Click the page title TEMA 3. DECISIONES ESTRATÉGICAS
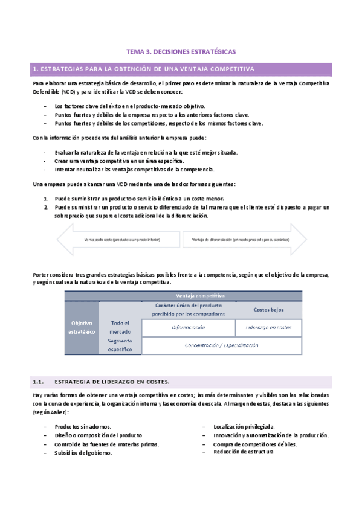(x=180, y=52)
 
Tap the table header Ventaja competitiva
(x=200, y=296)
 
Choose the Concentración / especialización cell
(x=221, y=345)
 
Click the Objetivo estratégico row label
(x=82, y=327)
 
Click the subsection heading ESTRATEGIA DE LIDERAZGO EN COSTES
(x=112, y=382)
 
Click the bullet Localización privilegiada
(x=244, y=426)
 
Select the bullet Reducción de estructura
(x=244, y=452)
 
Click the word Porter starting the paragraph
(x=41, y=275)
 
